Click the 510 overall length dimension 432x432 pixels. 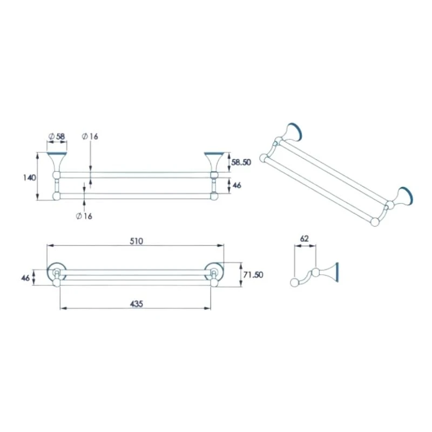pos(136,241)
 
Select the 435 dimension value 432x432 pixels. pos(136,304)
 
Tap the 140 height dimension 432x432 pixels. pos(30,177)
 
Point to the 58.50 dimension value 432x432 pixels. pos(240,162)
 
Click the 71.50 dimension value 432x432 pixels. pos(252,275)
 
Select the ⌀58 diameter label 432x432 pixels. pos(57,137)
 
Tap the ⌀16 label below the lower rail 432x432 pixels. pos(84,216)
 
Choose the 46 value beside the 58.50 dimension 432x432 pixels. pos(236,185)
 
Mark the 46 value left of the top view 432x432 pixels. pos(25,278)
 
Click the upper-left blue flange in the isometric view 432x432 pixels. pos(295,132)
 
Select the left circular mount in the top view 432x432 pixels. pos(56,273)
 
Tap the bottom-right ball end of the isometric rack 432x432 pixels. pos(375,221)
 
